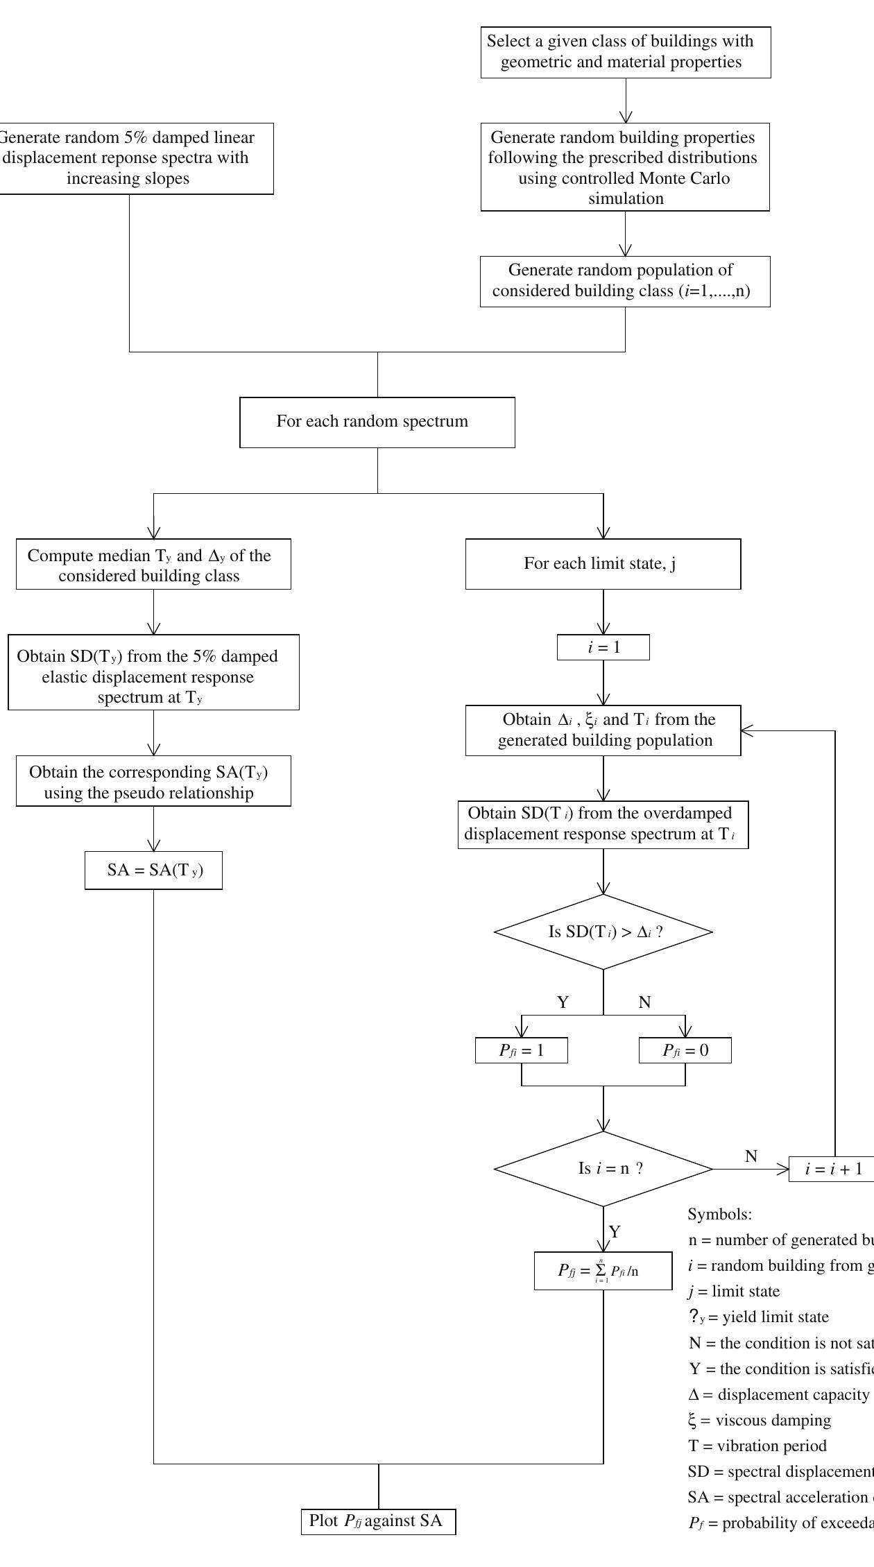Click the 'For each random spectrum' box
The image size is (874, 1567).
[377, 422]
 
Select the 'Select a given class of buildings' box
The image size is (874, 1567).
[625, 52]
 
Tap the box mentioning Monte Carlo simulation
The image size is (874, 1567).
[624, 167]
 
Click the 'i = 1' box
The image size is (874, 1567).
[603, 647]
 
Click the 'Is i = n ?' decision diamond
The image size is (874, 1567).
[603, 1169]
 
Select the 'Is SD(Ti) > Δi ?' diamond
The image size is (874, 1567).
[603, 932]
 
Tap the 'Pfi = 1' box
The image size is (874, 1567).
[521, 1050]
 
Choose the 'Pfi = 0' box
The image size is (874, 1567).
[685, 1050]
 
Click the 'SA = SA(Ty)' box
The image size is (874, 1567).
[153, 870]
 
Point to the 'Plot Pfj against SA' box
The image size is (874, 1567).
[378, 1521]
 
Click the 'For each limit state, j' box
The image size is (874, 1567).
[603, 564]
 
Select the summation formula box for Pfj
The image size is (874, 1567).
[603, 1271]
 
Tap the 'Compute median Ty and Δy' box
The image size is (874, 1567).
[153, 565]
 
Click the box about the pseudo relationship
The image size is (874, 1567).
[153, 782]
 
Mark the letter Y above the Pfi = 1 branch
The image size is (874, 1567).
[563, 1002]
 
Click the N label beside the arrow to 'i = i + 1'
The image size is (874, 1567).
[751, 1156]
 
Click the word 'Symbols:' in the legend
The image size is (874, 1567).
[719, 1215]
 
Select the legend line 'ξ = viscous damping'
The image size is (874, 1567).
[759, 1420]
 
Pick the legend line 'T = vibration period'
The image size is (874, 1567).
[757, 1446]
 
